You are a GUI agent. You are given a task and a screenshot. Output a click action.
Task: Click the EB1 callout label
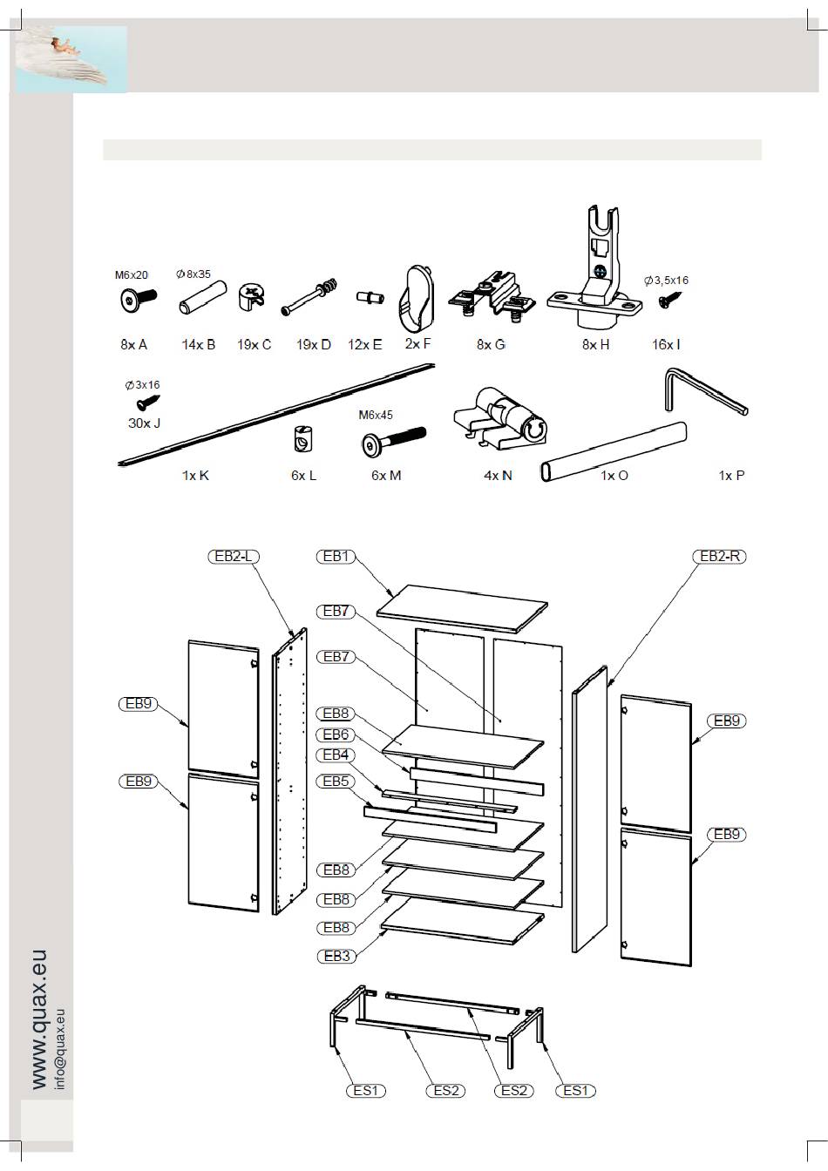pos(336,556)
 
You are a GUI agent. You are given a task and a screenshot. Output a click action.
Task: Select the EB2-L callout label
pos(234,556)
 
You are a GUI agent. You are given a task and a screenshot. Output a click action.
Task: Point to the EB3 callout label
pos(336,956)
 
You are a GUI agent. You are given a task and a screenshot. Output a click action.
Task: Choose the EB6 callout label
pos(336,734)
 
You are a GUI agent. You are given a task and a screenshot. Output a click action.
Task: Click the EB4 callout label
pos(336,755)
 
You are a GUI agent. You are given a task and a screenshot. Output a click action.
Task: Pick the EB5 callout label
pos(336,782)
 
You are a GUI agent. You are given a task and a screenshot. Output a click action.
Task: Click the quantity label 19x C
pos(254,344)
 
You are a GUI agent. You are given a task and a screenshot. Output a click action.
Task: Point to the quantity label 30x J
pos(144,423)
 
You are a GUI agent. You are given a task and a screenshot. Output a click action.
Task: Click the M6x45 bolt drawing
pos(391,440)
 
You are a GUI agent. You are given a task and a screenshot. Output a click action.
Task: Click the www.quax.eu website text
pos(39,1019)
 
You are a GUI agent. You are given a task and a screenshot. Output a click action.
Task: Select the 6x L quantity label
pos(303,476)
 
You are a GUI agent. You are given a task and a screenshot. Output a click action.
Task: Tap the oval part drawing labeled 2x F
pos(417,301)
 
